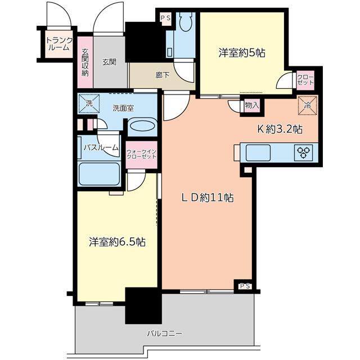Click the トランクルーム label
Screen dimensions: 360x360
[x=59, y=44]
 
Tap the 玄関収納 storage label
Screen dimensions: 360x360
[x=85, y=62]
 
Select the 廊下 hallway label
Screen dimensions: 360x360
[x=163, y=75]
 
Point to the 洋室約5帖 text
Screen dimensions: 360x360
[x=242, y=53]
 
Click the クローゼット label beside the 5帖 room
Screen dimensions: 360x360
[x=305, y=80]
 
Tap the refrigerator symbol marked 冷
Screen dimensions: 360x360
[x=308, y=105]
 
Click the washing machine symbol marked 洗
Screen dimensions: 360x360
[x=89, y=103]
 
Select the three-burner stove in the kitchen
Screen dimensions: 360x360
[x=303, y=152]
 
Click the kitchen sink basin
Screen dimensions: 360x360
[x=258, y=152]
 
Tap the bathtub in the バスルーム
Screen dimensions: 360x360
[x=99, y=174]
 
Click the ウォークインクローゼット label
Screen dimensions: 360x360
[x=141, y=154]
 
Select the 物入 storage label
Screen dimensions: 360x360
[x=252, y=105]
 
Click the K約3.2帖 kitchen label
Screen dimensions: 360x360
[x=280, y=129]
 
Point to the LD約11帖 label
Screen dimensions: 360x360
[x=208, y=197]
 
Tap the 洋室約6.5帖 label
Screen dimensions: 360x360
[x=117, y=242]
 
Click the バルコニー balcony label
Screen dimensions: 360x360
[x=164, y=333]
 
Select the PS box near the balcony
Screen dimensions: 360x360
[x=245, y=286]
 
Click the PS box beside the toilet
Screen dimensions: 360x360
[x=165, y=18]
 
